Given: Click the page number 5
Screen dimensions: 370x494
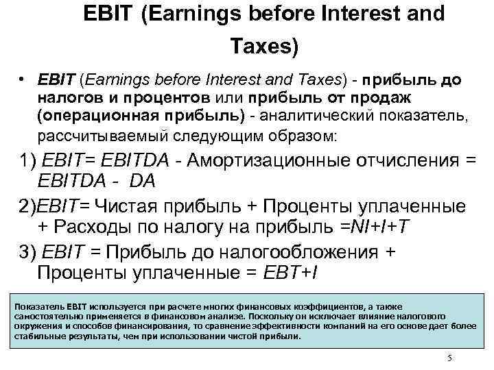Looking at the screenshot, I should [x=449, y=358].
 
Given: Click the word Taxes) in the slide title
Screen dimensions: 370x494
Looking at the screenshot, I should [x=264, y=47].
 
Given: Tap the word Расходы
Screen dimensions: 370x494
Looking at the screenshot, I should [x=89, y=226].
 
